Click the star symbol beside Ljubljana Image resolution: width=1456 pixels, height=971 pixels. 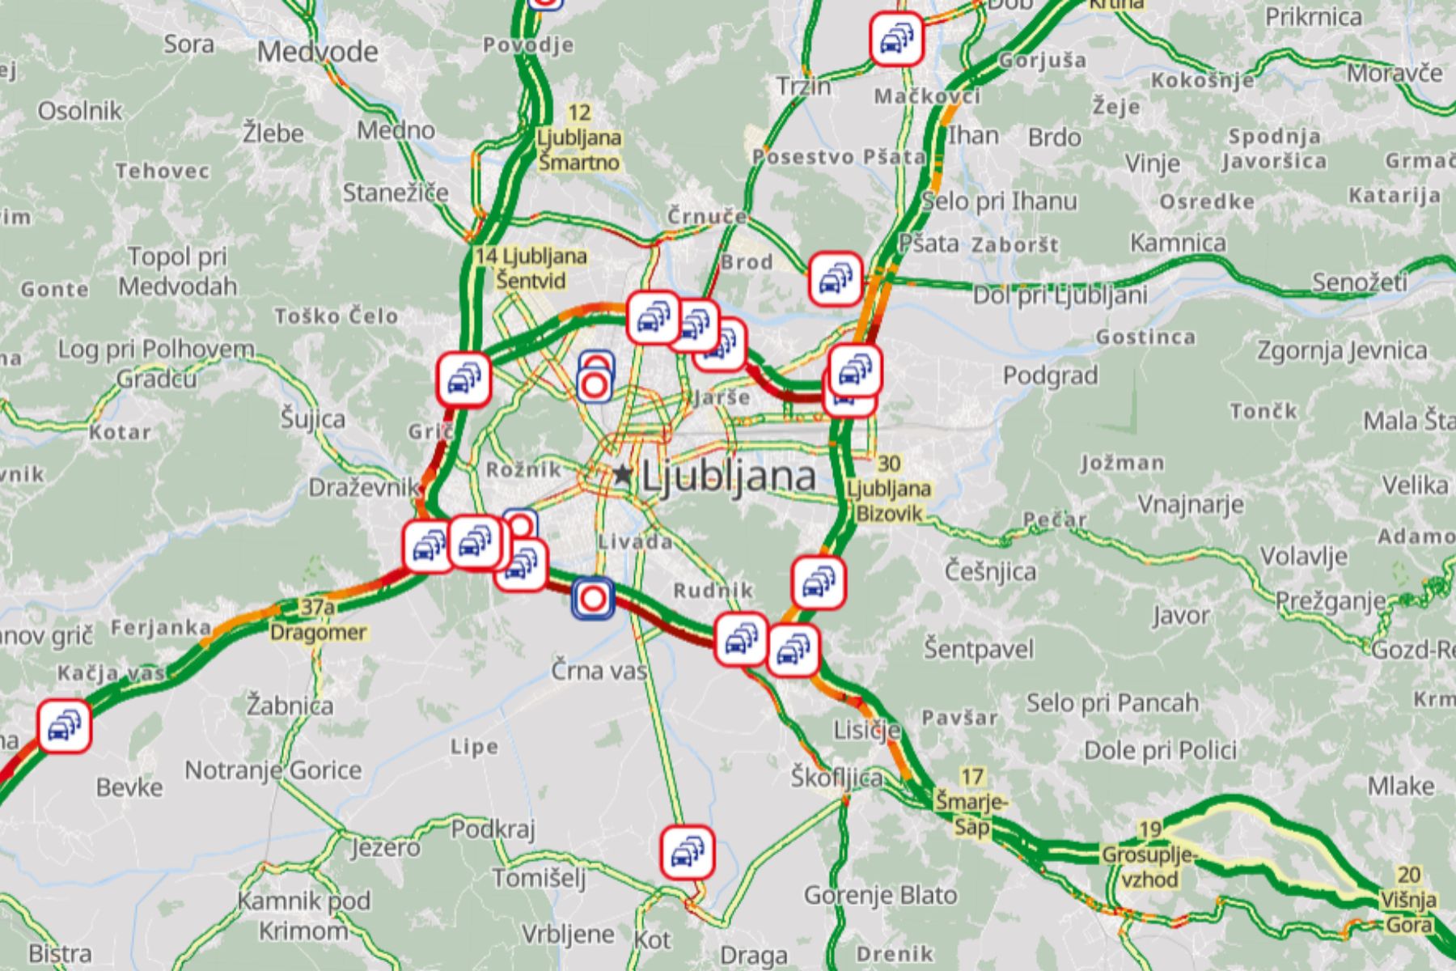[x=621, y=474]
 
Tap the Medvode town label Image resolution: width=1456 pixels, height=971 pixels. [x=318, y=52]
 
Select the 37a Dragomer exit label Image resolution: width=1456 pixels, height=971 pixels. [x=318, y=620]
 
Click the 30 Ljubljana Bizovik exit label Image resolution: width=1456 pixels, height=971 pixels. [x=888, y=488]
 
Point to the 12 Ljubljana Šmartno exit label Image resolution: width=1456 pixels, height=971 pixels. [x=579, y=138]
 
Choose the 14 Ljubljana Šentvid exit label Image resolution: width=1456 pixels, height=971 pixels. [x=531, y=269]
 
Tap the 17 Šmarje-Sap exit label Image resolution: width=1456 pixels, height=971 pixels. [x=971, y=802]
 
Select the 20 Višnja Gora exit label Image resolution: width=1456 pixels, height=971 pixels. [x=1410, y=899]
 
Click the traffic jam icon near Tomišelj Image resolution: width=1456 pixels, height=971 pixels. [x=687, y=852]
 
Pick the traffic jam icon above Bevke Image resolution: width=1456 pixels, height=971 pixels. [x=65, y=726]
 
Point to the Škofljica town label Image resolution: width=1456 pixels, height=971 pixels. [x=836, y=778]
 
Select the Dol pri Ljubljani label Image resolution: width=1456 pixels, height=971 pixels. [x=1060, y=295]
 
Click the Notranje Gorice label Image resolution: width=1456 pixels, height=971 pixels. [x=273, y=770]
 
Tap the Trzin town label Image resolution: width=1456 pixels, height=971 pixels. [x=803, y=86]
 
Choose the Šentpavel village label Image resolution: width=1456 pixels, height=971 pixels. [x=979, y=648]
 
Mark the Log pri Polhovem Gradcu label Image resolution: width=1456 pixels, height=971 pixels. [x=156, y=363]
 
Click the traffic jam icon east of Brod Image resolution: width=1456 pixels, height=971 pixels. [x=836, y=279]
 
